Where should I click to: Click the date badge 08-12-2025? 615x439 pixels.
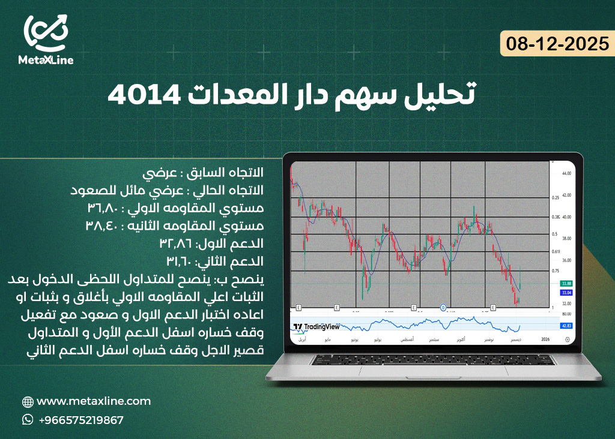[x=557, y=44]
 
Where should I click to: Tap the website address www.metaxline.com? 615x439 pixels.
[x=94, y=401]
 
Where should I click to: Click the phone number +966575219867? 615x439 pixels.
[x=81, y=420]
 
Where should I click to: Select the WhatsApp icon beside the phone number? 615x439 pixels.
[x=28, y=420]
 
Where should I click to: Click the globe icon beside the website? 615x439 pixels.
[x=28, y=401]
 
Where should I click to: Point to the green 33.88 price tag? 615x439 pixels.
[x=565, y=283]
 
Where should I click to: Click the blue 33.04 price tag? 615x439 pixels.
[x=565, y=293]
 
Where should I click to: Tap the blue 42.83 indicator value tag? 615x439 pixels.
[x=565, y=326]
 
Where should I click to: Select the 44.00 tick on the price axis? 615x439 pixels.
[x=565, y=173]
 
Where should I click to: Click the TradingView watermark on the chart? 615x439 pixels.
[x=317, y=327]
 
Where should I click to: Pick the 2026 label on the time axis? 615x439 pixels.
[x=545, y=339]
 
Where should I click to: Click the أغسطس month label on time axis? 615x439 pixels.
[x=405, y=339]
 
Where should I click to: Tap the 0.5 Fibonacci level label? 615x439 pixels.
[x=555, y=234]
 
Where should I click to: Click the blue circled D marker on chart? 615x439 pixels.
[x=443, y=308]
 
